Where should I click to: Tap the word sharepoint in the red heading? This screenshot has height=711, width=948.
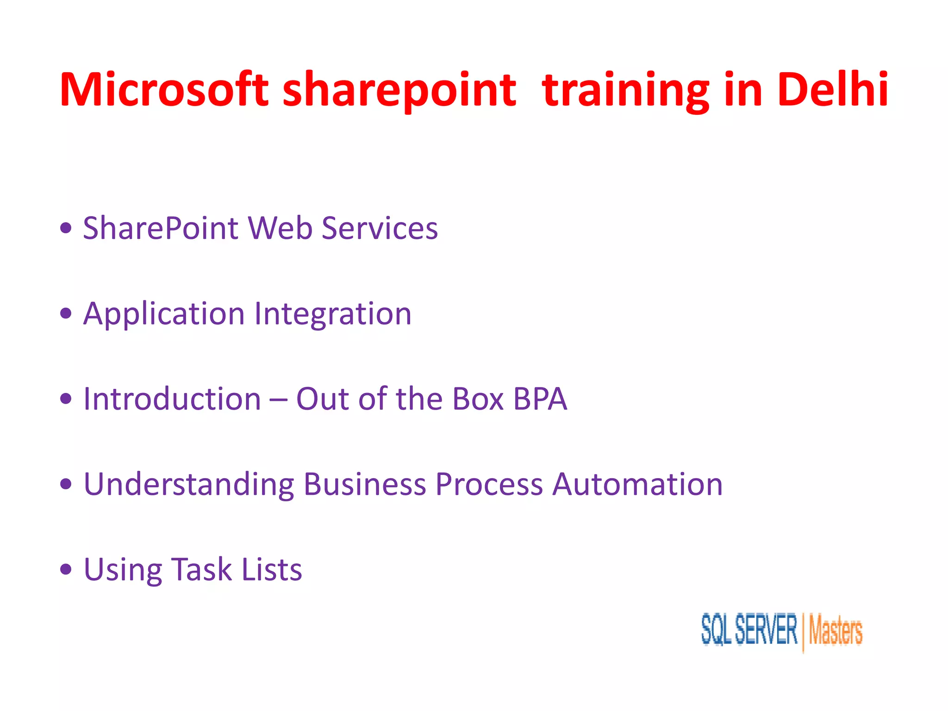[x=399, y=91]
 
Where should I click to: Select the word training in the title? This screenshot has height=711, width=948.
[x=625, y=91]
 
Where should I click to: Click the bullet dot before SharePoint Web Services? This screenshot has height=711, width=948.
[x=66, y=228]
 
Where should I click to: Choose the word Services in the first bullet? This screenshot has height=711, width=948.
[x=380, y=228]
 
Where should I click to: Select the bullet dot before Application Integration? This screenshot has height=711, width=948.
[x=66, y=313]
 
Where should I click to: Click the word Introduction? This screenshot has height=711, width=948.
[x=172, y=399]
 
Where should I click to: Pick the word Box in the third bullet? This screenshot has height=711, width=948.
[x=478, y=399]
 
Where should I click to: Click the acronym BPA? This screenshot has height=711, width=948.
[x=540, y=399]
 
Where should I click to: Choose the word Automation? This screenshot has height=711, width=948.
[x=637, y=485]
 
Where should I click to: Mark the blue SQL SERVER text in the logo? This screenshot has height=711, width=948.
[x=749, y=630]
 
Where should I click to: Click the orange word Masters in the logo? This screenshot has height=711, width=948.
[x=836, y=631]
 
